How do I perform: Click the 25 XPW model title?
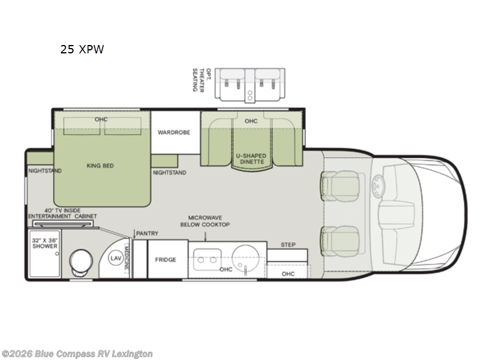click(82, 50)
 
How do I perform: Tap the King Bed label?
click(100, 166)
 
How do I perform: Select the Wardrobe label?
click(174, 132)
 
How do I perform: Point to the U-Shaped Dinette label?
click(251, 159)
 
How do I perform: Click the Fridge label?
click(166, 259)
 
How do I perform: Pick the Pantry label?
click(146, 233)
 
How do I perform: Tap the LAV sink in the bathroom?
click(116, 258)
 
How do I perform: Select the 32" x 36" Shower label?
click(46, 242)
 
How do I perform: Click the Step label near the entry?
click(289, 244)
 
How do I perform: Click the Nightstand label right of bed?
click(169, 173)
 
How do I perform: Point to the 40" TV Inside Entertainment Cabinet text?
click(62, 213)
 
